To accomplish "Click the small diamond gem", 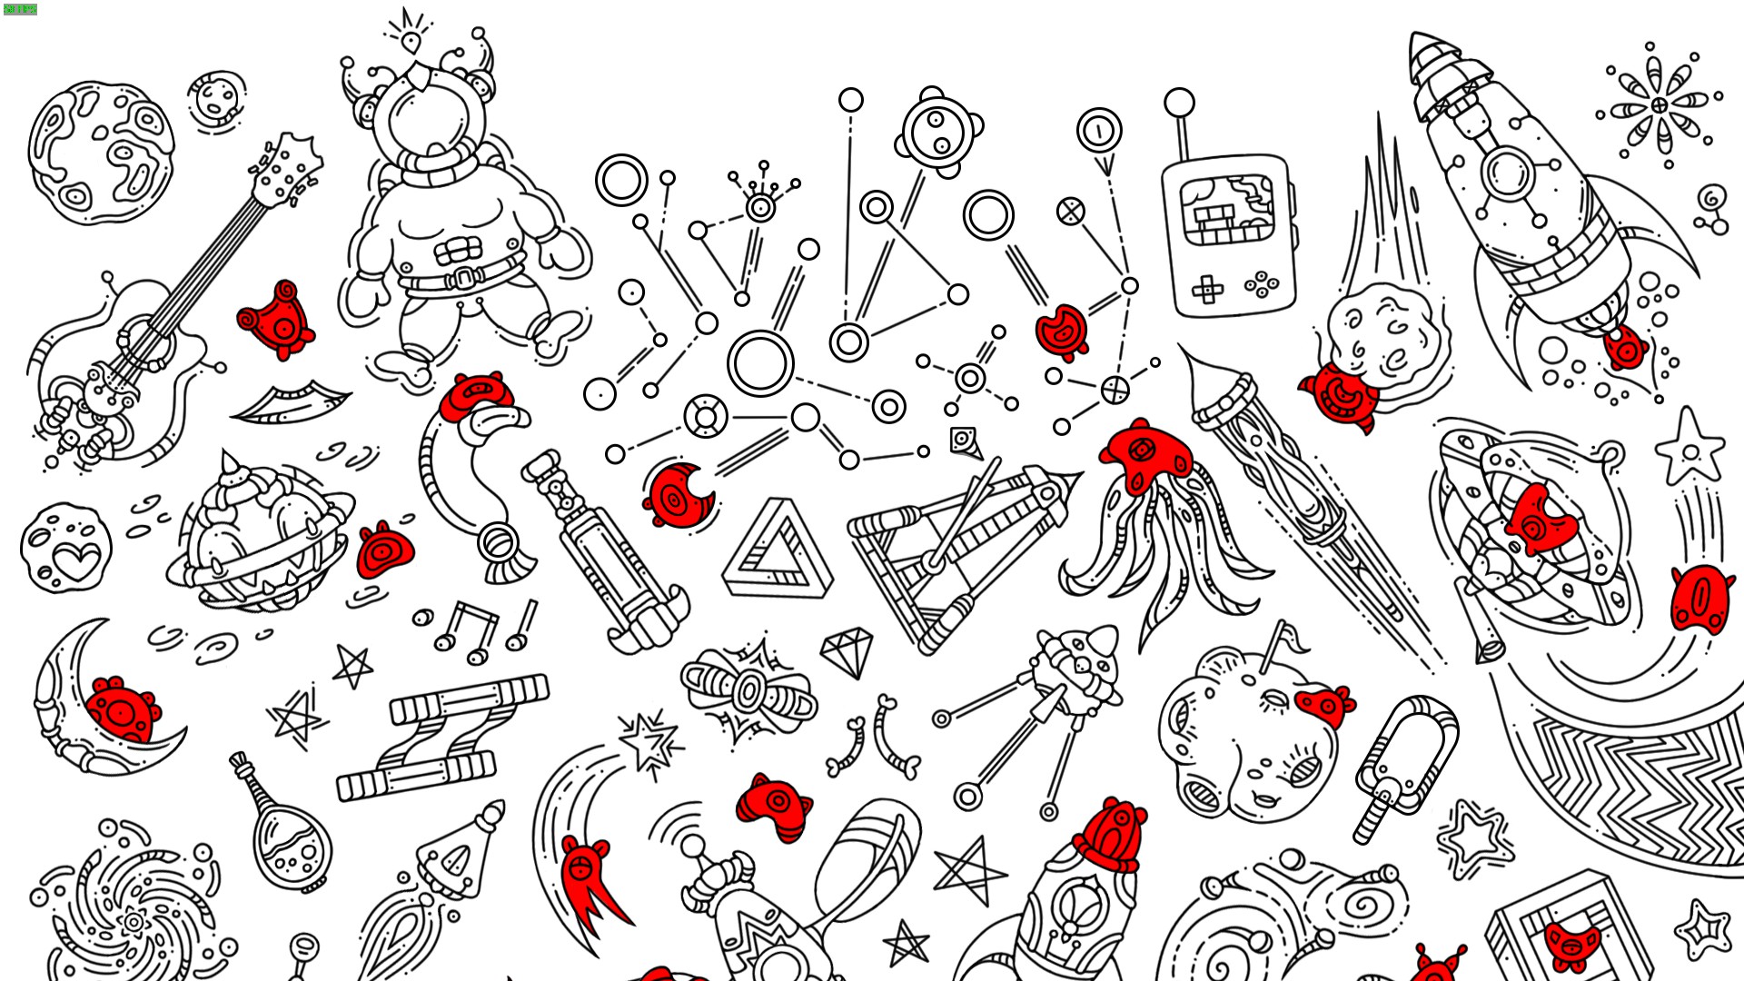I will pyautogui.click(x=847, y=651).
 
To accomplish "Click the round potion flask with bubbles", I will pyautogui.click(x=292, y=845).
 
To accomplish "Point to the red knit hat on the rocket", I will pyautogui.click(x=1111, y=836).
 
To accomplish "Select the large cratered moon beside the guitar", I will pyautogui.click(x=100, y=153).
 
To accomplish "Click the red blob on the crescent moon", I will pyautogui.click(x=122, y=708).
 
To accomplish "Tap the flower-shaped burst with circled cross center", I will pyautogui.click(x=1660, y=106).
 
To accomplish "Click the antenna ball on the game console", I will pyautogui.click(x=1179, y=103).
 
